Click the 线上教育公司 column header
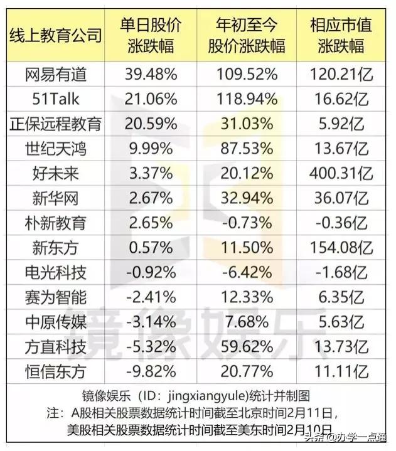coord(56,35)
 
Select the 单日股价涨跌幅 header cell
coord(151,35)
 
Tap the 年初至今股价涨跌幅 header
coord(247,35)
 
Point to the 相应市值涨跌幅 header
coord(341,35)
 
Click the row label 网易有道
coord(56,74)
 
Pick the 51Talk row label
coord(56,99)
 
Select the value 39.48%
coord(151,74)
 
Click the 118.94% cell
coord(247,99)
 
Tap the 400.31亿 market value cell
coord(341,174)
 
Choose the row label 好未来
coord(56,174)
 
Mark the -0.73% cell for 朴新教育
coord(247,223)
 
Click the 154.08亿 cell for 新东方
coord(341,248)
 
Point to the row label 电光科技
coord(56,272)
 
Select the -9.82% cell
coord(151,371)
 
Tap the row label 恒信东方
coord(56,371)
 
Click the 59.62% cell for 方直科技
coord(247,347)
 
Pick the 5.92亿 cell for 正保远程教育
coord(341,124)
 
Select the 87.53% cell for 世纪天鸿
coord(247,149)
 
